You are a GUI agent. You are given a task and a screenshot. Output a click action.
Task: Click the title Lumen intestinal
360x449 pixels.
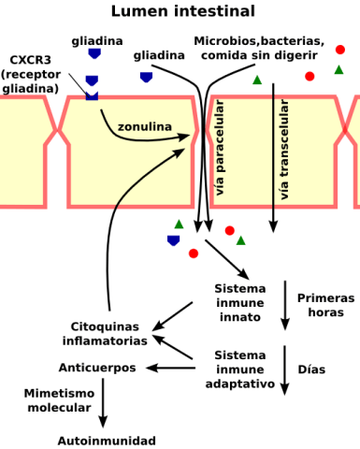[182, 11]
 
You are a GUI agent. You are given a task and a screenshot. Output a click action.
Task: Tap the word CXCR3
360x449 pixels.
[32, 60]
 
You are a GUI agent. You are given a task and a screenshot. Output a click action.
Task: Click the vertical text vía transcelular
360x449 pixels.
[284, 150]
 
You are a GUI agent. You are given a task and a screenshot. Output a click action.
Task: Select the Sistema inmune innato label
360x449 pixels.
[240, 303]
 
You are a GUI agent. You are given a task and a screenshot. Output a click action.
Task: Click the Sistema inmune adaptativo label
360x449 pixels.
[240, 369]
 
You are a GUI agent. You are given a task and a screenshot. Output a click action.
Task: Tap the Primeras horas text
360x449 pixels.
[325, 304]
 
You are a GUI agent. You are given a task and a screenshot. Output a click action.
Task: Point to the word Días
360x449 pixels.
[311, 369]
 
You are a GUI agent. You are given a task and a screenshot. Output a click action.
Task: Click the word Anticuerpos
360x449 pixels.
[97, 368]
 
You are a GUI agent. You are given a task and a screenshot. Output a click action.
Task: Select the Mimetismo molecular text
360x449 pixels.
[58, 400]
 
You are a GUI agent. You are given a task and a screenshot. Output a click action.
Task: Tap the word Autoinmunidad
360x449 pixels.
[107, 441]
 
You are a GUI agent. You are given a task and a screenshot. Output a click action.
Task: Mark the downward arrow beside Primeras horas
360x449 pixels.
[285, 304]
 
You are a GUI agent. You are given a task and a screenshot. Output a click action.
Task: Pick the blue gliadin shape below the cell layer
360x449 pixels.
[173, 240]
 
